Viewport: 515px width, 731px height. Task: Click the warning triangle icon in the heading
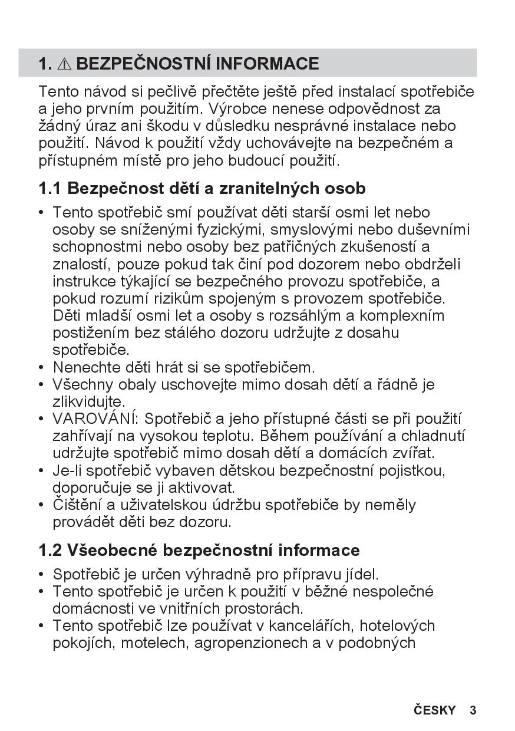coord(64,64)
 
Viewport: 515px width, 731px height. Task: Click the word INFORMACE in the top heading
coord(268,63)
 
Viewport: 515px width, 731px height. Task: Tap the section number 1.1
coord(49,189)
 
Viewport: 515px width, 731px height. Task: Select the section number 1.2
coord(49,551)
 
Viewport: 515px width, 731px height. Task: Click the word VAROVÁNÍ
coord(94,419)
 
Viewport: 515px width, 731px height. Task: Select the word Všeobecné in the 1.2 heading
coord(112,551)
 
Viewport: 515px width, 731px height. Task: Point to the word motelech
coord(154,643)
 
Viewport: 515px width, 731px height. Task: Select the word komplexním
coord(402,316)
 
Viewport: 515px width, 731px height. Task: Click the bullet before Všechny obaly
coord(41,386)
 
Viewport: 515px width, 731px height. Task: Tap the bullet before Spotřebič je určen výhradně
coord(41,574)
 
